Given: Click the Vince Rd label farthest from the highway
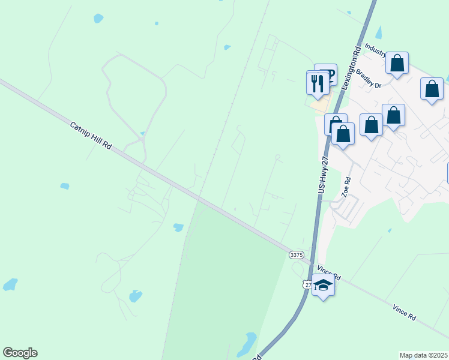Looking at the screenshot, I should [405, 311].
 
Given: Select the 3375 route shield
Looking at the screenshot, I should [296, 255].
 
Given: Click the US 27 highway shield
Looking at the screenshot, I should [307, 284].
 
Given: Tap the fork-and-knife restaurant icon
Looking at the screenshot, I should [317, 82].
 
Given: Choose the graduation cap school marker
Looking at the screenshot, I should [323, 286].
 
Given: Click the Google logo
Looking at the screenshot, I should [20, 353].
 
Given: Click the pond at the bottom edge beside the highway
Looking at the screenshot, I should [247, 344].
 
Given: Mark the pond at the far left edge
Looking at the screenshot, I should [10, 284].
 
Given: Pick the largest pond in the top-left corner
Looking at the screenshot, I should [98, 19].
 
